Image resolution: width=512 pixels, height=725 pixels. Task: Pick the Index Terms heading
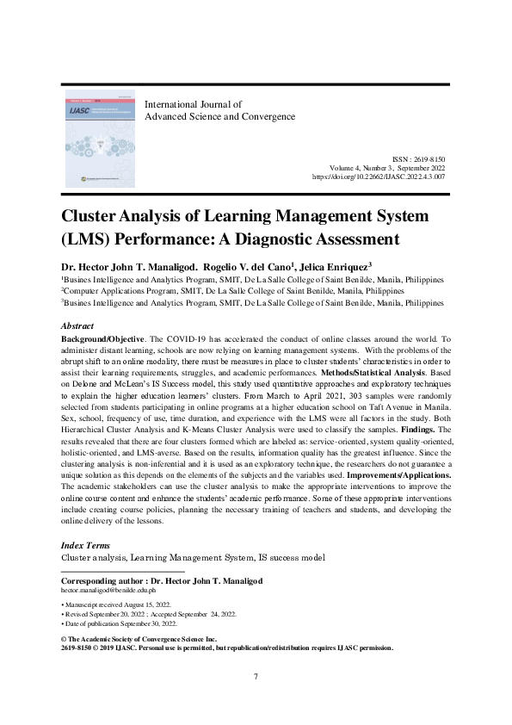point(85,546)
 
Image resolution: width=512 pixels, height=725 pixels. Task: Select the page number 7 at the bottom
point(256,676)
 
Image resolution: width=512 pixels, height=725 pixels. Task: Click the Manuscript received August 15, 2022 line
point(119,605)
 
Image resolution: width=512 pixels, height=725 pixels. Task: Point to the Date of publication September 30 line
point(119,623)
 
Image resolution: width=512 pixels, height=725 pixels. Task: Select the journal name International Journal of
point(194,104)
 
